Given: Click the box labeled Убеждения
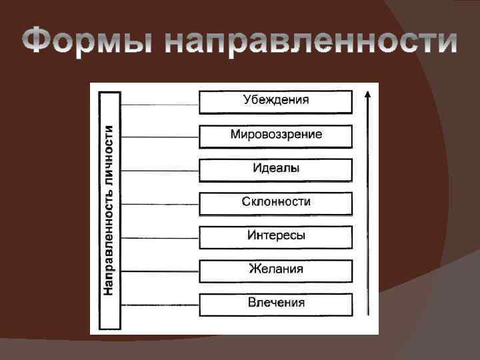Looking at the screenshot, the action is click(275, 101).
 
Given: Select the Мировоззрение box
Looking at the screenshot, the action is click(275, 135).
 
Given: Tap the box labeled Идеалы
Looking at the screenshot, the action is click(275, 169).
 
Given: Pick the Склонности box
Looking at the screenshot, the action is click(275, 203).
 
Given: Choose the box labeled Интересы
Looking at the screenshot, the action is click(275, 237).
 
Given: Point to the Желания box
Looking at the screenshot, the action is click(275, 270).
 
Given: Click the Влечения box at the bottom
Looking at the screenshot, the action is click(275, 304).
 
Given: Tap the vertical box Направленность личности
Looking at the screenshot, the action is click(109, 211).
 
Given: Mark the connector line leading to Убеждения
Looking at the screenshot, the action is click(159, 104).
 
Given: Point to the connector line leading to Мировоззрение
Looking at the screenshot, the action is click(159, 137).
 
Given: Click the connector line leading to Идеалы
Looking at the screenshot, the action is click(159, 171).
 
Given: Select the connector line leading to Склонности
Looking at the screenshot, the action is click(159, 204).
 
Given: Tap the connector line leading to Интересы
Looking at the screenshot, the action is click(159, 238).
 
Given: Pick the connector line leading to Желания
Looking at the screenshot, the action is click(159, 271).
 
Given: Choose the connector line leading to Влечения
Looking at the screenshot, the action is click(159, 305).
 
